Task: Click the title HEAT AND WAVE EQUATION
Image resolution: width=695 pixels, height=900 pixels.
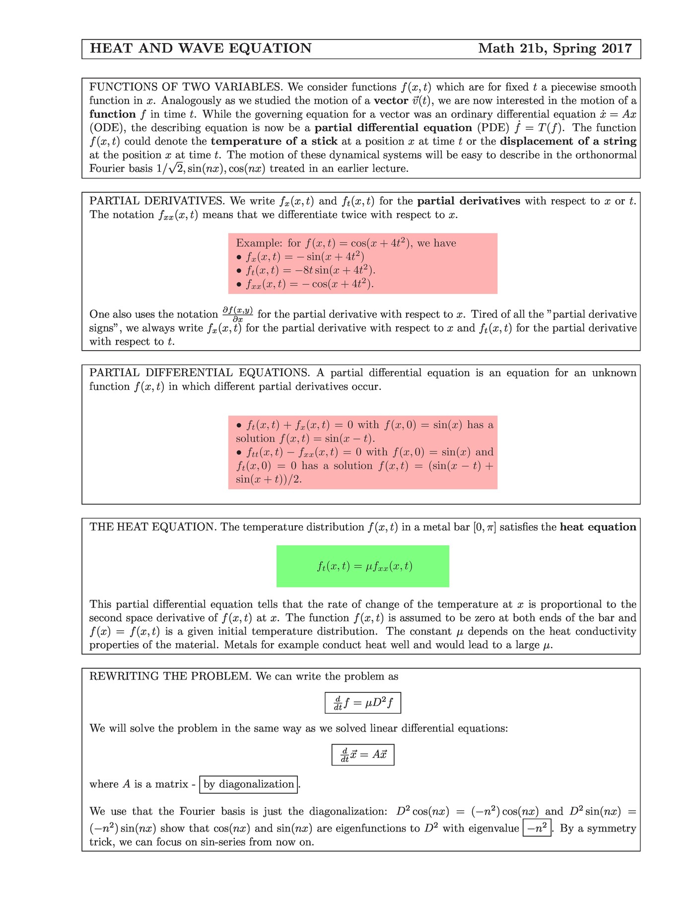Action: pyautogui.click(x=201, y=49)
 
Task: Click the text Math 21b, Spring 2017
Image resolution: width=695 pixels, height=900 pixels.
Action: pyautogui.click(x=555, y=49)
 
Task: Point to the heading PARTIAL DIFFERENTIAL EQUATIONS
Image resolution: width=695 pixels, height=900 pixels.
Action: pyautogui.click(x=200, y=373)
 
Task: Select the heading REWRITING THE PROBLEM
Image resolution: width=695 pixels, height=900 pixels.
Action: pyautogui.click(x=170, y=676)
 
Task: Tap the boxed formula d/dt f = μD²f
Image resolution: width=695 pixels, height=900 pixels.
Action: pyautogui.click(x=362, y=703)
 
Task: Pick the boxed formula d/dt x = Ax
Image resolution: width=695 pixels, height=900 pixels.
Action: pyautogui.click(x=363, y=755)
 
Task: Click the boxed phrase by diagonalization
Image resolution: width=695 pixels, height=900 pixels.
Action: pyautogui.click(x=249, y=784)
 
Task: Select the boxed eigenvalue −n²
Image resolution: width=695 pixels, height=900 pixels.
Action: pyautogui.click(x=537, y=828)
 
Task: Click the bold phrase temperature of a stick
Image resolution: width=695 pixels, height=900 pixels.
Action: pyautogui.click(x=274, y=142)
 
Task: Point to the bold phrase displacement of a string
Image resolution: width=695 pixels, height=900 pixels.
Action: pyautogui.click(x=568, y=142)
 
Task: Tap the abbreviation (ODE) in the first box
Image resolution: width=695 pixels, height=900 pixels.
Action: pyautogui.click(x=107, y=128)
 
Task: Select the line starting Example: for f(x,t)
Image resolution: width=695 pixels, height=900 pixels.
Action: pyautogui.click(x=346, y=243)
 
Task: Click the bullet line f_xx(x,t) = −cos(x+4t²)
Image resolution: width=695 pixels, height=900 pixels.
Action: pyautogui.click(x=305, y=284)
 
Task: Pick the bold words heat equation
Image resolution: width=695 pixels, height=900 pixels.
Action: pyautogui.click(x=598, y=527)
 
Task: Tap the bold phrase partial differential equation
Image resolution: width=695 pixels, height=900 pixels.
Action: pyautogui.click(x=393, y=128)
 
